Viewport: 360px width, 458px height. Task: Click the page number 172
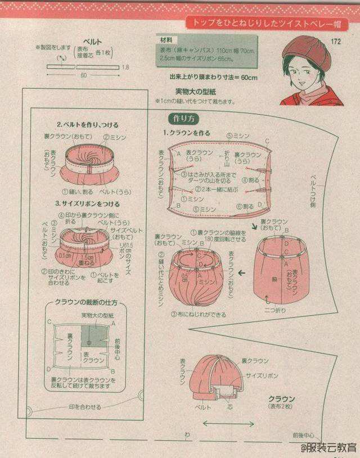337,41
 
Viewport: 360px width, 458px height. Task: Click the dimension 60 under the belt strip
83,75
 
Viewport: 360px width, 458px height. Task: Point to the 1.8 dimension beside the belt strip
125,67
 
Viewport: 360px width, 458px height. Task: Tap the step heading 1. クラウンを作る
187,133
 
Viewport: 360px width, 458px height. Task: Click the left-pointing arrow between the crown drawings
242,274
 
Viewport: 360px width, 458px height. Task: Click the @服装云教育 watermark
328,447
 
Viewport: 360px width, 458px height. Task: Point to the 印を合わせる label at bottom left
85,406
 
